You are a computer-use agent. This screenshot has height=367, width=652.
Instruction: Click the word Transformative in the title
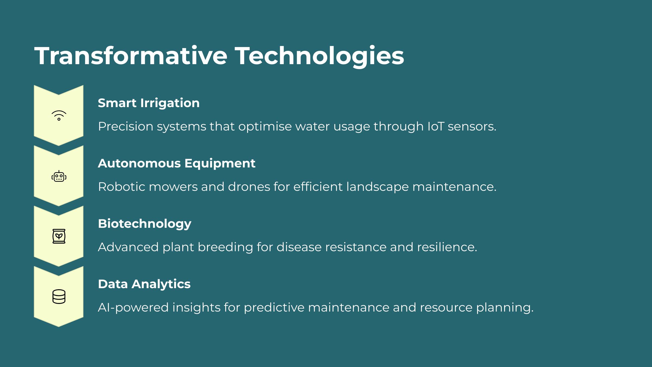[x=131, y=56]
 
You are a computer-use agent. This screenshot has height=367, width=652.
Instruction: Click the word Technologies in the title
[x=319, y=56]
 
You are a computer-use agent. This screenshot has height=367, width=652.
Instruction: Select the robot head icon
[x=59, y=176]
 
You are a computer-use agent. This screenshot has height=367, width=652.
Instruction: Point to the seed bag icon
[x=59, y=236]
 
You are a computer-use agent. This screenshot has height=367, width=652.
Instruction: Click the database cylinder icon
[x=59, y=296]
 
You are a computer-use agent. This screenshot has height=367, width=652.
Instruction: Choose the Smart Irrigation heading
[x=149, y=103]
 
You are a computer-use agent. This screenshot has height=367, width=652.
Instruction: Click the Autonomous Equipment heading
[x=177, y=163]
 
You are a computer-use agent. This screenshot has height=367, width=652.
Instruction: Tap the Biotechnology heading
[x=145, y=224]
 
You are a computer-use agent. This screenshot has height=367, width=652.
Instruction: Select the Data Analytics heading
[x=144, y=284]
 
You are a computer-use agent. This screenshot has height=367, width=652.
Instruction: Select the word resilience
[x=447, y=247]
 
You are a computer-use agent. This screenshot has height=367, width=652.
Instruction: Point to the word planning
[x=505, y=308]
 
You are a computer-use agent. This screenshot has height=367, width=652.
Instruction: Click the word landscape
[x=378, y=187]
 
